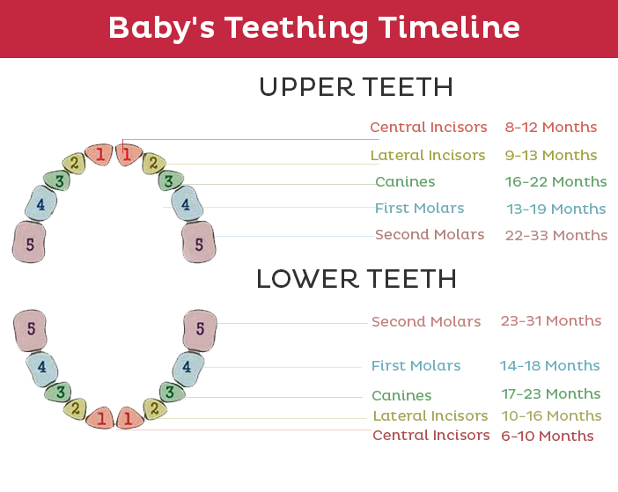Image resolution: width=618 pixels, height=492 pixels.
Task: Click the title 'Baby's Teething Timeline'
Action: click(x=314, y=27)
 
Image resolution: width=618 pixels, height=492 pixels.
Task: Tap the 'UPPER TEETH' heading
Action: click(x=356, y=87)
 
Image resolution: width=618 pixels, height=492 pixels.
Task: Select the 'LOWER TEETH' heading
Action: click(x=357, y=279)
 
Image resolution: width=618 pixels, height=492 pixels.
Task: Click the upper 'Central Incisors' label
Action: click(x=429, y=128)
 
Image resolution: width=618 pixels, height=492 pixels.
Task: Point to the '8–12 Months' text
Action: click(x=550, y=128)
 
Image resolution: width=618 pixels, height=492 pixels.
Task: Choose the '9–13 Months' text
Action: click(x=550, y=155)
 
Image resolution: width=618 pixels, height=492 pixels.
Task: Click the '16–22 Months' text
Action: click(x=555, y=181)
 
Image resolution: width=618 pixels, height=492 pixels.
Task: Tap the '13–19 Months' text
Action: click(x=555, y=209)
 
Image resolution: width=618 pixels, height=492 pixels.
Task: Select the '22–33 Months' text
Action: click(x=556, y=235)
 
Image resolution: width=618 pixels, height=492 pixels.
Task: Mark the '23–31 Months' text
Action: click(x=551, y=320)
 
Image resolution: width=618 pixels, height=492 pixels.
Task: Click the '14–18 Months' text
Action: click(x=550, y=365)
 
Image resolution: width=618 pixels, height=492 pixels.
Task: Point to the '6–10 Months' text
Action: click(x=547, y=436)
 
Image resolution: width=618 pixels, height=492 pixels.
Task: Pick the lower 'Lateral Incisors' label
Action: click(x=430, y=415)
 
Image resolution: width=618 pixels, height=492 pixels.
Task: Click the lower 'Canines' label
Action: click(x=401, y=395)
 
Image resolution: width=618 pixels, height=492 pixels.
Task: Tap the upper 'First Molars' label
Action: click(x=419, y=208)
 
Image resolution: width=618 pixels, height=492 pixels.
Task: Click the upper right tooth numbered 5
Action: click(x=199, y=241)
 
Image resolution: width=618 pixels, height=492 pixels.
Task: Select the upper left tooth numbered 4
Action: click(x=40, y=203)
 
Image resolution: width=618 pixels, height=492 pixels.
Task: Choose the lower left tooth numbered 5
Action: click(x=30, y=330)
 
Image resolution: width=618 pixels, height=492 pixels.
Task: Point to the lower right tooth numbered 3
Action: click(x=172, y=392)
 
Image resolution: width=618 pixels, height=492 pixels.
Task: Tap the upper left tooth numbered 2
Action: click(x=74, y=163)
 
